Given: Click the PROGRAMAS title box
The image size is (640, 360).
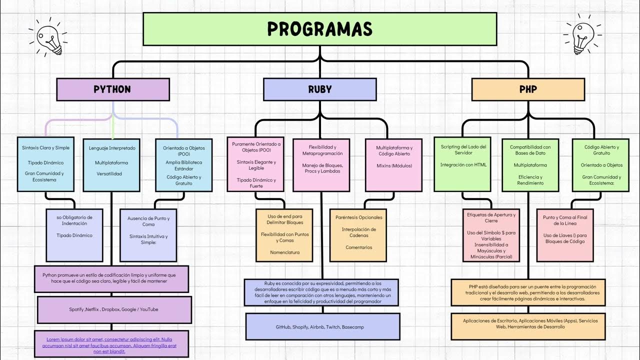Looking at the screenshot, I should [x=319, y=29].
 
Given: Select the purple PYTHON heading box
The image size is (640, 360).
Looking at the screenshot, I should [x=112, y=89].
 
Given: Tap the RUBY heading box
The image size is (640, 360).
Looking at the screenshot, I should [x=319, y=89].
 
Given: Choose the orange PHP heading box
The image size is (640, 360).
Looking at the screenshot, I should [x=528, y=89].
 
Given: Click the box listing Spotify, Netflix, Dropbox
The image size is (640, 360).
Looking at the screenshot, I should [x=114, y=309].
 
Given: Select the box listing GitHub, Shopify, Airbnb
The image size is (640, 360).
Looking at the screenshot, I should [x=322, y=326].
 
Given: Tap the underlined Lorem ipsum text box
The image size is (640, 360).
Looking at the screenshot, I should [x=111, y=344].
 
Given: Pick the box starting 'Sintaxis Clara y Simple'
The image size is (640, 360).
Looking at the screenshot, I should [x=45, y=164].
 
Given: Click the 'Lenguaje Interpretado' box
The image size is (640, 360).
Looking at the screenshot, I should [x=112, y=164].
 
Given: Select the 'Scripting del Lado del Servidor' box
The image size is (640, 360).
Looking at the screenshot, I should [x=463, y=164].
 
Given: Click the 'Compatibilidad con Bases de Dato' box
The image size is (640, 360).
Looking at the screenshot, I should [x=530, y=164].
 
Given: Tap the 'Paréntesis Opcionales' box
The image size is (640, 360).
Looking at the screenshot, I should [x=358, y=235].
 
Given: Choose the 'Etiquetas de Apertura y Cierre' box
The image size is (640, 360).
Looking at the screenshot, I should [x=491, y=235].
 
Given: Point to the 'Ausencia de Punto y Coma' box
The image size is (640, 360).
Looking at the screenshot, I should [x=148, y=235].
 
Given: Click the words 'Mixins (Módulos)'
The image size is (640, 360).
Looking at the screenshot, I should [x=394, y=165].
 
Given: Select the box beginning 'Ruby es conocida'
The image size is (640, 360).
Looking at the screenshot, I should [x=321, y=292].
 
